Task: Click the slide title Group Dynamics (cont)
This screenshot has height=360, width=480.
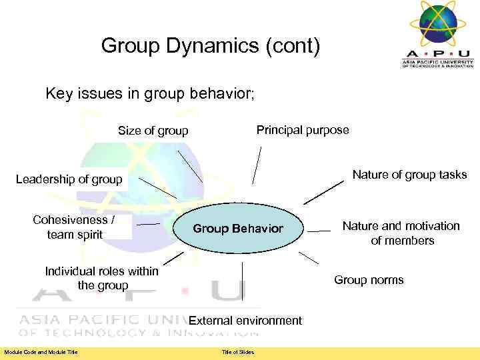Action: [x=211, y=46]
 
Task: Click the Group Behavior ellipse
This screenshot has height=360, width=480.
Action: [x=238, y=229]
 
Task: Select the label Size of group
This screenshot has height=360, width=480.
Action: [x=153, y=131]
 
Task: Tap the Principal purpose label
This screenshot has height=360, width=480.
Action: [x=303, y=130]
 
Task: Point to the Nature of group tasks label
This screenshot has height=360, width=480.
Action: [x=409, y=175]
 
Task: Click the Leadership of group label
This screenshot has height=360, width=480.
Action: [x=69, y=179]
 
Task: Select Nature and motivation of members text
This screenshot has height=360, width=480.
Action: [x=401, y=233]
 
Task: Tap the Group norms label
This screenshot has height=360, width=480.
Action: [x=369, y=280]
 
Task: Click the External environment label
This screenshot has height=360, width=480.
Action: [x=245, y=321]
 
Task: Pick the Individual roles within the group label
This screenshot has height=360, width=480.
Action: [x=101, y=278]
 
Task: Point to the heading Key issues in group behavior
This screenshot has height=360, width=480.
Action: [x=150, y=93]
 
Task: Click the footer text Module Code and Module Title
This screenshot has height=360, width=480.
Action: [x=41, y=352]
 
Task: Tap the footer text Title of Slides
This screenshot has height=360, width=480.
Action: [x=238, y=352]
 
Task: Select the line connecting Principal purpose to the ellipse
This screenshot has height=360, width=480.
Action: [x=257, y=165]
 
